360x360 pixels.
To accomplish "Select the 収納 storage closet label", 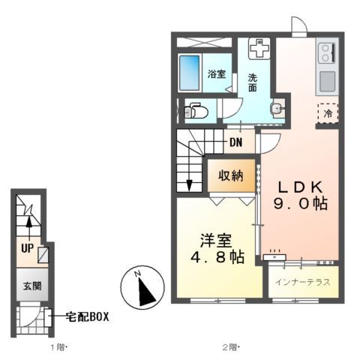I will click(230, 175).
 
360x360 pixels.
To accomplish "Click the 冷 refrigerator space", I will click(328, 114).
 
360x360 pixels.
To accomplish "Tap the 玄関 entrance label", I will click(27, 285).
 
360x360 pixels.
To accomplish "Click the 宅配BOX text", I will click(87, 317).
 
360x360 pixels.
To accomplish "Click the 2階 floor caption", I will click(230, 347).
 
